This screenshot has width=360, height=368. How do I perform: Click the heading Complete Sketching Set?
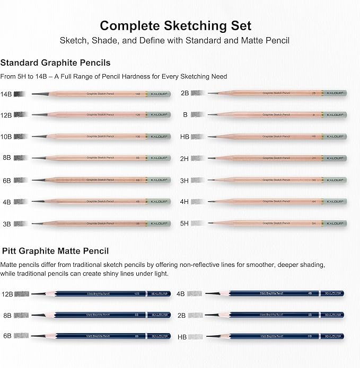point(175,25)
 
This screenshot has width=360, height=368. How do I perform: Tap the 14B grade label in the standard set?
point(6,94)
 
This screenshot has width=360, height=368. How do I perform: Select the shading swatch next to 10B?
point(20,136)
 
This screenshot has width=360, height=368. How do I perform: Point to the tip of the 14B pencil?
point(33,94)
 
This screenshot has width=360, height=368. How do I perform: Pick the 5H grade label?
point(185,223)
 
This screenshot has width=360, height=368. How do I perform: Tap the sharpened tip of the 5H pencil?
point(209,223)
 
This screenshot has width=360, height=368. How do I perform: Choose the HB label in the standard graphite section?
point(185,136)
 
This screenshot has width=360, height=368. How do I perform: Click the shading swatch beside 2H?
point(197,158)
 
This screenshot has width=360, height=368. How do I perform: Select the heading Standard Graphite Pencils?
point(56,63)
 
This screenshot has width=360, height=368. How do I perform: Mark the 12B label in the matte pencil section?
point(7,293)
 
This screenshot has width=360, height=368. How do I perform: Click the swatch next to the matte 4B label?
point(195,293)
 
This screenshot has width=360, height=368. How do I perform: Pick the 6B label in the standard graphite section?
point(6,180)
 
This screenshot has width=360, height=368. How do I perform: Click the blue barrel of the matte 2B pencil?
point(276,315)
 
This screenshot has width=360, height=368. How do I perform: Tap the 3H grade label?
point(185,180)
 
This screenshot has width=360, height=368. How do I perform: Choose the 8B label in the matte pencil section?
point(7,315)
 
